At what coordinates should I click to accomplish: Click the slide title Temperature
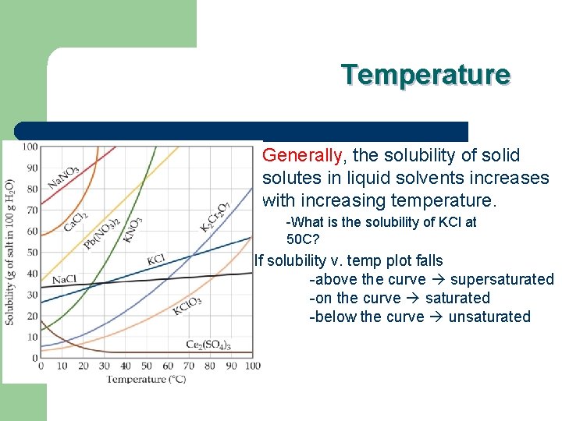point(425,75)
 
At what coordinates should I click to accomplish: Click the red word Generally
point(302,156)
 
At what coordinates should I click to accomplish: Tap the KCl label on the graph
point(156,259)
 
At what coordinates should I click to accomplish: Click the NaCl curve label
point(64,279)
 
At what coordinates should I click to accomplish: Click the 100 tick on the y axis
point(29,146)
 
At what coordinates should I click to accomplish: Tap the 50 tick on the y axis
point(32,252)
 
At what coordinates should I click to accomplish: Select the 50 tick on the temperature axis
point(147,366)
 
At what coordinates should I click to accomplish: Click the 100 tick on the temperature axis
point(253,366)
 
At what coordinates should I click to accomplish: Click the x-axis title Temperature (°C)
point(146,379)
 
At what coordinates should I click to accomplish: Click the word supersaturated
point(502,280)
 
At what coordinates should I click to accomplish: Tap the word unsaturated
point(489,317)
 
